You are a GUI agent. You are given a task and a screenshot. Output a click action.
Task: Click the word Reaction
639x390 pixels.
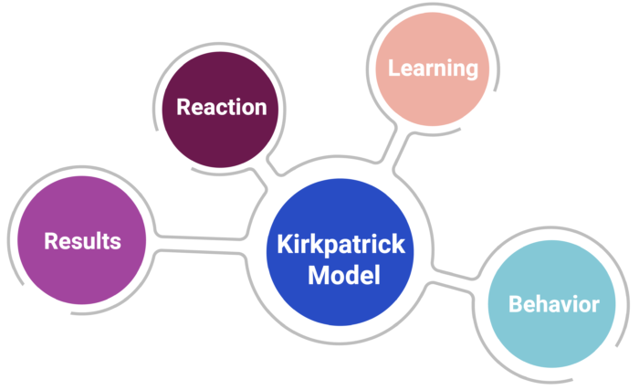(222, 107)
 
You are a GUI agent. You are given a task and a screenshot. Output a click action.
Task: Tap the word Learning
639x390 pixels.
(433, 68)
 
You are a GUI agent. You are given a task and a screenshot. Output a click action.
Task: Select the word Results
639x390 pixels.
(82, 241)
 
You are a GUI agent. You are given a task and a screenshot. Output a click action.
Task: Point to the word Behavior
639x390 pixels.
(553, 304)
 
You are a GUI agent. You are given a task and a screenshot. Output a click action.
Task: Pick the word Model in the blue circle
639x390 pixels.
(343, 276)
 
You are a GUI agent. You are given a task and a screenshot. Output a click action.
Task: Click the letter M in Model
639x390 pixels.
(316, 276)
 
